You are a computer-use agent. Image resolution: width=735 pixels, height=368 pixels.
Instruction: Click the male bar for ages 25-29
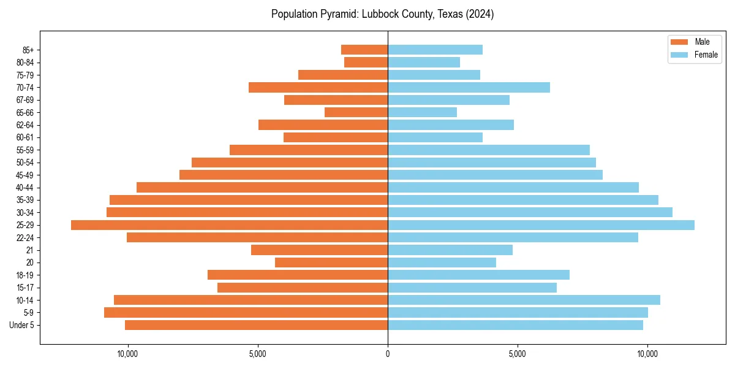[229, 225]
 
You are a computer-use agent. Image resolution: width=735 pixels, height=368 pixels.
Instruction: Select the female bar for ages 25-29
[541, 225]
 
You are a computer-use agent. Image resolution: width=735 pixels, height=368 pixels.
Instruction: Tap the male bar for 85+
[364, 50]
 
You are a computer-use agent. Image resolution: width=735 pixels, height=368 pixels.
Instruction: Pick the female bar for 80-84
[424, 62]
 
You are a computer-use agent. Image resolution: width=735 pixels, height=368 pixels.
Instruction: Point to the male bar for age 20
[331, 263]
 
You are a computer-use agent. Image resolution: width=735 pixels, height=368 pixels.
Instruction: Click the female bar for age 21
[450, 250]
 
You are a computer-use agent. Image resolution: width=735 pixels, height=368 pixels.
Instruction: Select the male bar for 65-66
[356, 112]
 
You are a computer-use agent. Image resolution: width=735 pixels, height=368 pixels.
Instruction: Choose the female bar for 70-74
[469, 87]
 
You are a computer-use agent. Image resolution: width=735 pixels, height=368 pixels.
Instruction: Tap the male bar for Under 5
[256, 325]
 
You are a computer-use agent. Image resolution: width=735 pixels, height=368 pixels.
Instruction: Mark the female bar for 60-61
[435, 137]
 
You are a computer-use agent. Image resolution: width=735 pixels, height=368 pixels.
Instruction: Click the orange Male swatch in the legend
[679, 42]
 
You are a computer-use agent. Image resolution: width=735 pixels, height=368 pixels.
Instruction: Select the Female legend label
[706, 55]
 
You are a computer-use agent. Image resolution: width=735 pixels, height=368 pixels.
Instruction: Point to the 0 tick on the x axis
[388, 354]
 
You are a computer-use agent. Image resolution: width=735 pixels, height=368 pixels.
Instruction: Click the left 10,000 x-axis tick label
[127, 354]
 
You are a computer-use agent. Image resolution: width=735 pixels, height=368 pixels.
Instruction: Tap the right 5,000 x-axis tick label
[518, 354]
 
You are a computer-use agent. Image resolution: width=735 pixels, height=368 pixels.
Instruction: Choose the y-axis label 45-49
[25, 175]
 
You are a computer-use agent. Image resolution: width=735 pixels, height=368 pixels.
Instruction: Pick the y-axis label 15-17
[25, 288]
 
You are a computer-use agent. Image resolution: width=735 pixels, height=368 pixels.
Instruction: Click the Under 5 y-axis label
[22, 325]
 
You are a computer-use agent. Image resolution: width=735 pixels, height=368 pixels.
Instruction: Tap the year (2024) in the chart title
[479, 14]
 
